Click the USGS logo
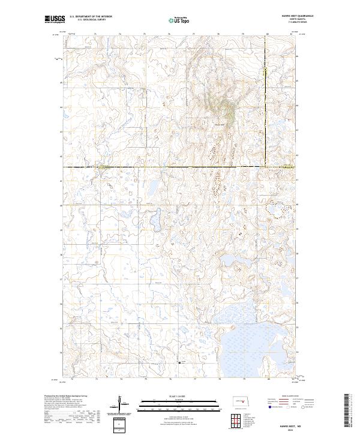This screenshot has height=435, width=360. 55,20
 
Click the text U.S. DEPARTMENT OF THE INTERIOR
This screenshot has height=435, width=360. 91,17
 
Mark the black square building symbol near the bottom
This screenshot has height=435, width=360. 179,362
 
